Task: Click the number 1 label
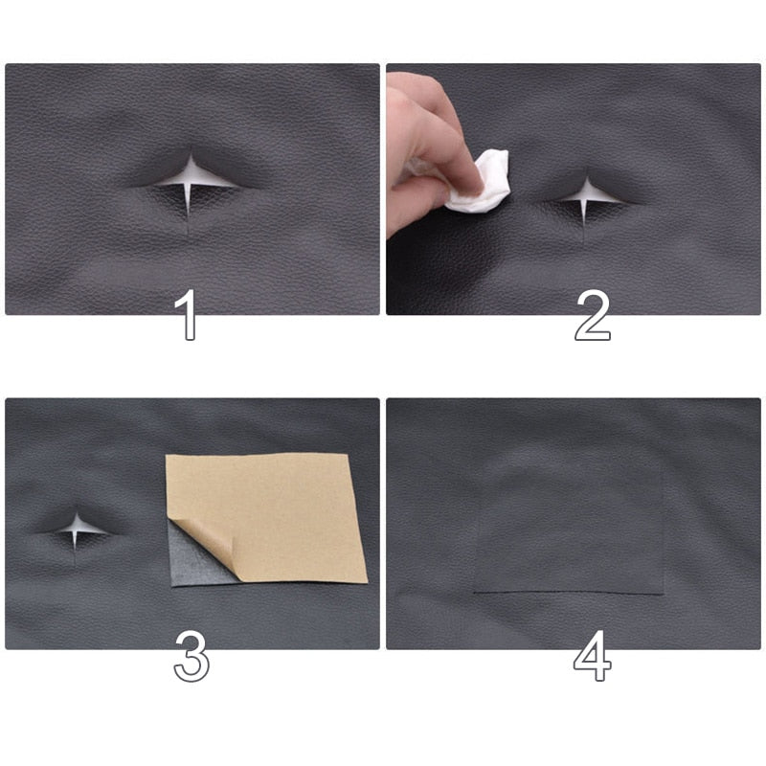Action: click(189, 315)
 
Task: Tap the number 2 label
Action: click(592, 315)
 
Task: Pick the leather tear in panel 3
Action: click(77, 526)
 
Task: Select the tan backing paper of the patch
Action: click(278, 512)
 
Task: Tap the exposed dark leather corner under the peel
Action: click(191, 565)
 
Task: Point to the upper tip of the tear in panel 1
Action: click(191, 155)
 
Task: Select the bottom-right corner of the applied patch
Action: click(663, 594)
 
